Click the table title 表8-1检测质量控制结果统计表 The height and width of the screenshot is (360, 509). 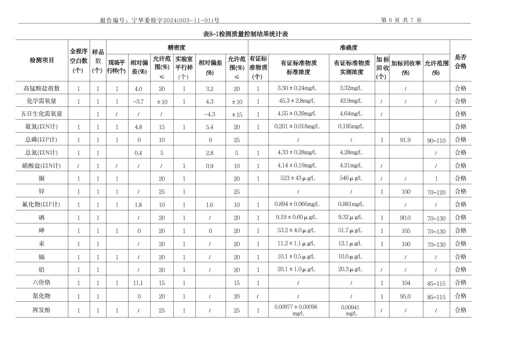[245, 34]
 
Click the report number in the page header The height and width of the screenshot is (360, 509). [160, 20]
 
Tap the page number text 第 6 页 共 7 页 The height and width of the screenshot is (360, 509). [401, 20]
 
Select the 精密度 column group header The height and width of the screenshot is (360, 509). [176, 48]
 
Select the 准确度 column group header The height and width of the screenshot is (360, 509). [348, 48]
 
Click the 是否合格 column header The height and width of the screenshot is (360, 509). [460, 62]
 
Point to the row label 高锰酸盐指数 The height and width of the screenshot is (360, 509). [41, 88]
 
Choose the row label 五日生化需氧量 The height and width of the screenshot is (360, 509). [41, 114]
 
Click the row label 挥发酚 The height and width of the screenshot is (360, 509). [41, 310]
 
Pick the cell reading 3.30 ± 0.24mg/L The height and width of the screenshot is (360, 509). [297, 88]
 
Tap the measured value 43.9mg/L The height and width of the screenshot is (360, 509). [351, 101]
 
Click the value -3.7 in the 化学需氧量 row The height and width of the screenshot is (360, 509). [138, 101]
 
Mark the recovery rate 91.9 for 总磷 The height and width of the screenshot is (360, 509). [405, 140]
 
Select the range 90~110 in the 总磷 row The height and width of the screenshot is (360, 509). [436, 141]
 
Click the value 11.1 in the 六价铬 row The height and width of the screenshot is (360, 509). [138, 283]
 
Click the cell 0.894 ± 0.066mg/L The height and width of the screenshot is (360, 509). [297, 204]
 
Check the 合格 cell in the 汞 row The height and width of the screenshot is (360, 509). [460, 243]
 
